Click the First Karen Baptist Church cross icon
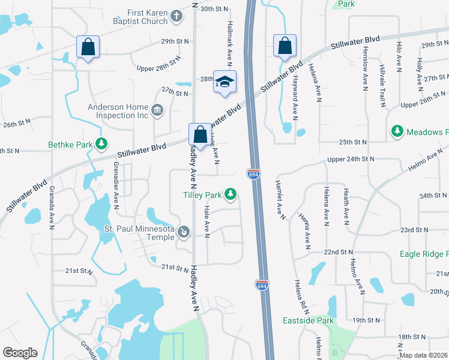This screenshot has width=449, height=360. click(176, 16)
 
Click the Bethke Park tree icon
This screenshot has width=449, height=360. click(103, 144)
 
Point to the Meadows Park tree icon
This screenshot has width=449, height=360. click(396, 131)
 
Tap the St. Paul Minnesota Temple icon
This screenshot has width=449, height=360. click(184, 230)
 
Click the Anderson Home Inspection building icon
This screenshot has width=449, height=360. click(157, 109)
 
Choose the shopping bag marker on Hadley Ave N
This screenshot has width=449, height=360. click(200, 134)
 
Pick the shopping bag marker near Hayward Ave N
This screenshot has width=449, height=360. click(285, 46)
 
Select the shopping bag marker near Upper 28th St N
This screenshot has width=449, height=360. click(88, 46)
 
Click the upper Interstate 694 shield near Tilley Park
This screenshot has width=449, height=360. click(253, 174)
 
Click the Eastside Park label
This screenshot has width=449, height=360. click(308, 321)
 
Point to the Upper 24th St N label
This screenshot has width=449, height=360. click(351, 160)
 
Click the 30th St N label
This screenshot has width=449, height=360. click(215, 9)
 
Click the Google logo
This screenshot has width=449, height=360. click(20, 353)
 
